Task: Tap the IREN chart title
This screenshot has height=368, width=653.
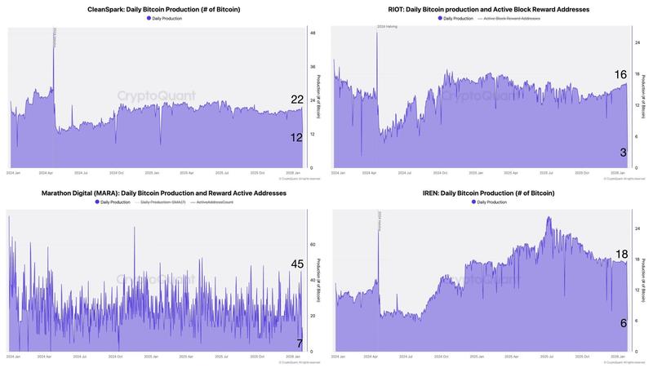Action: click(x=489, y=193)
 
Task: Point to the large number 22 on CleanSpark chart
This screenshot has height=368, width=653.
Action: click(x=297, y=100)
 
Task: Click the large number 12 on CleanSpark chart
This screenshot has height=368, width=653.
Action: click(x=297, y=138)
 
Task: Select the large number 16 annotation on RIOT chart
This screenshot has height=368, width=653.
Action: click(x=620, y=75)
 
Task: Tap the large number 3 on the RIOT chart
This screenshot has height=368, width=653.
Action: click(x=624, y=153)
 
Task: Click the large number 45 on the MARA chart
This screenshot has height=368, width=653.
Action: click(x=297, y=264)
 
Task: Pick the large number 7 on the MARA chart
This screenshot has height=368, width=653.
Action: click(x=300, y=343)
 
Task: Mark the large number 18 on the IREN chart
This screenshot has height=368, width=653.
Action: click(x=620, y=254)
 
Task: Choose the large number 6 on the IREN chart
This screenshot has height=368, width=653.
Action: click(x=624, y=323)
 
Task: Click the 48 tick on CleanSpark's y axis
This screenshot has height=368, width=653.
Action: click(x=313, y=33)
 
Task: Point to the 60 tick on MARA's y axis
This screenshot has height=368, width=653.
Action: click(x=313, y=244)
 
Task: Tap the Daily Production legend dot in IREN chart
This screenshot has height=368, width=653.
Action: click(x=473, y=202)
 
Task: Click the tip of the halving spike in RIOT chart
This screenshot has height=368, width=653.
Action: click(x=377, y=33)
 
